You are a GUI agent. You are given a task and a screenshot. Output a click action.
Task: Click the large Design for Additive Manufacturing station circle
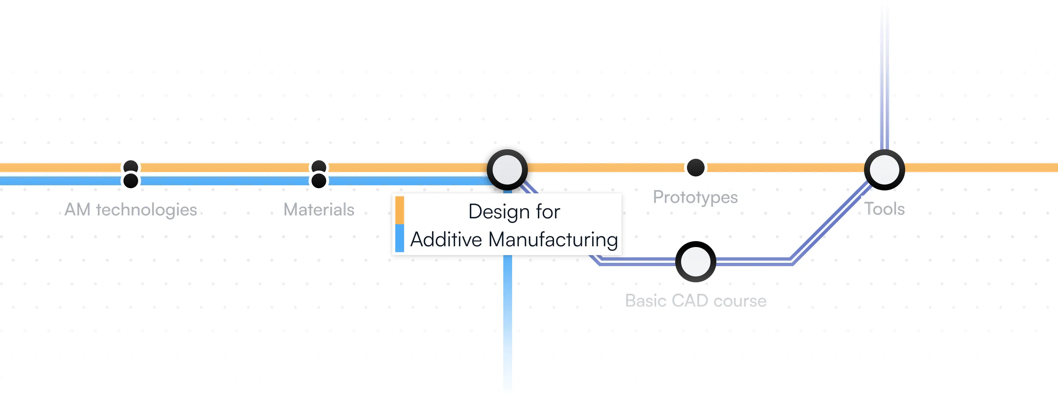click(x=507, y=170)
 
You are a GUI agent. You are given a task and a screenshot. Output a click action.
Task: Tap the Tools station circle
click(x=884, y=170)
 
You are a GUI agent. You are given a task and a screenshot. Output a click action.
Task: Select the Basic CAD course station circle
click(x=695, y=261)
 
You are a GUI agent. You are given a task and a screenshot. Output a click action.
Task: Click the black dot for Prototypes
click(x=695, y=168)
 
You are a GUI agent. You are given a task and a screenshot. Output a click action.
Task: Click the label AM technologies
click(x=131, y=210)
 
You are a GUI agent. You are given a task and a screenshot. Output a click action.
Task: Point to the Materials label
click(x=319, y=210)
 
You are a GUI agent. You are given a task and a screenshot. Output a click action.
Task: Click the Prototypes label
click(x=695, y=197)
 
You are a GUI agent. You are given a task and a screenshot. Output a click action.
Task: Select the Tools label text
click(x=884, y=209)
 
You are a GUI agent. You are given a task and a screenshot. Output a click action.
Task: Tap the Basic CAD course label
click(x=695, y=301)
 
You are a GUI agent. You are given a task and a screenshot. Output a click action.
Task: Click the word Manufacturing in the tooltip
click(x=553, y=240)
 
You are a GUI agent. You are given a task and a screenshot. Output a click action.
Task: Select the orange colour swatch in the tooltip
click(x=399, y=210)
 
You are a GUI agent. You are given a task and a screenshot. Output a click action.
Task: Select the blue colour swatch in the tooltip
click(x=399, y=238)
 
